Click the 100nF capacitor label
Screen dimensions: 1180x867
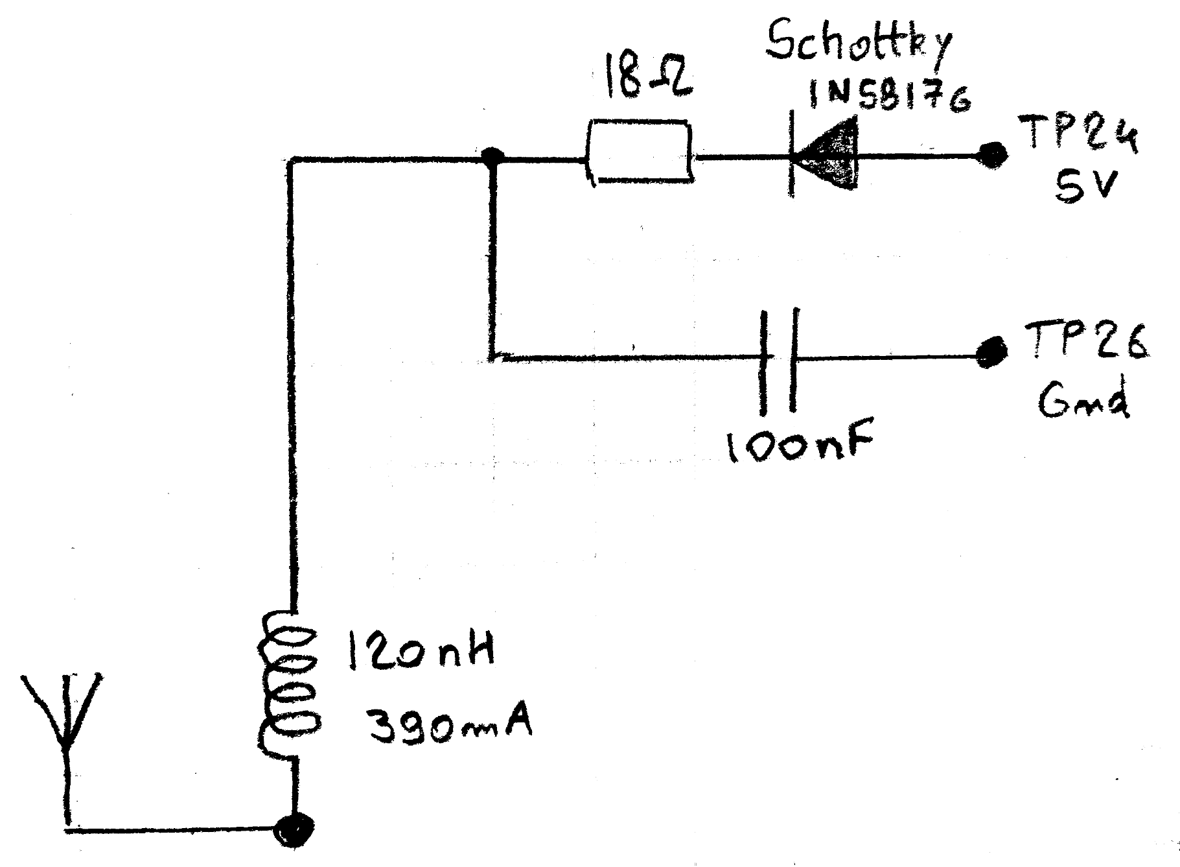(800, 444)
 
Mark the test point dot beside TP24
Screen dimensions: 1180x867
(991, 154)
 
